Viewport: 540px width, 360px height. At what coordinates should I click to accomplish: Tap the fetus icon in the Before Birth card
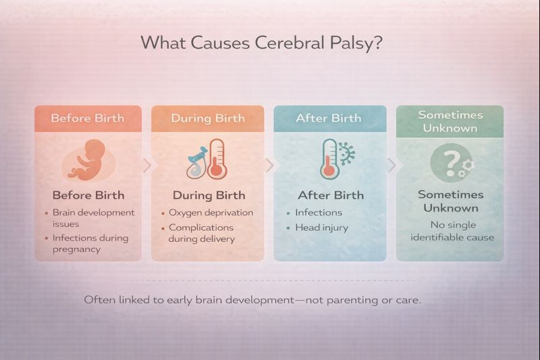click(x=88, y=159)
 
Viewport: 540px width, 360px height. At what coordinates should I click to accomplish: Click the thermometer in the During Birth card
click(x=217, y=159)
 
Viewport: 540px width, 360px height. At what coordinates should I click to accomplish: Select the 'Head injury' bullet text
click(x=321, y=228)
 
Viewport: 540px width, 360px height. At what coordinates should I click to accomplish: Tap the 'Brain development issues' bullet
click(x=93, y=217)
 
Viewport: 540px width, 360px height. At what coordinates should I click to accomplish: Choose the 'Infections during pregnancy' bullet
click(x=90, y=243)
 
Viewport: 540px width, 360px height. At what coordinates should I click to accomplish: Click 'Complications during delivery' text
click(x=202, y=233)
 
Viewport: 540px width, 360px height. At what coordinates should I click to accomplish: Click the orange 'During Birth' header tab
click(x=207, y=118)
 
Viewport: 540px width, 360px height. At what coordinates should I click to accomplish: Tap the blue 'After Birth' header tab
click(x=329, y=118)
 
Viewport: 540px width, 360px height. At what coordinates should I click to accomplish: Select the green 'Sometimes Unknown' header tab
click(x=450, y=121)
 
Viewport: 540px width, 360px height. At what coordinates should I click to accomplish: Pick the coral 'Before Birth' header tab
click(x=88, y=118)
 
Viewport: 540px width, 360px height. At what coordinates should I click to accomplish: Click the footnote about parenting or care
click(x=252, y=299)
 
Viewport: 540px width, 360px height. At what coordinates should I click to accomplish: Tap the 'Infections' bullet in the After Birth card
click(x=319, y=212)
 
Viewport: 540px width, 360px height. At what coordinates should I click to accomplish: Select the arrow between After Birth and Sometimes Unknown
click(x=392, y=164)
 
